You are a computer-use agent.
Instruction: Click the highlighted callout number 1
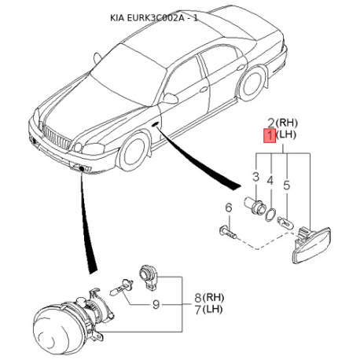click(270, 136)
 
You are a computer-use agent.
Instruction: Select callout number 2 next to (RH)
click(271, 123)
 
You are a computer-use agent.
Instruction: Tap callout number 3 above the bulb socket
click(255, 177)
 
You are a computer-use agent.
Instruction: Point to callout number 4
click(270, 181)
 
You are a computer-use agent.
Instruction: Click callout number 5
click(287, 186)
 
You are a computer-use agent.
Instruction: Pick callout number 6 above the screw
click(229, 208)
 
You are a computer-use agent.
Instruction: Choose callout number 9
click(156, 304)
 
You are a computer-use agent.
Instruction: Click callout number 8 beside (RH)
click(198, 298)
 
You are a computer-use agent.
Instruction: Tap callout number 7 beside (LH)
click(198, 310)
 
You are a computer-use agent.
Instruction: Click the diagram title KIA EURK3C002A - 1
click(154, 18)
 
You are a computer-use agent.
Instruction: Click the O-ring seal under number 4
click(270, 215)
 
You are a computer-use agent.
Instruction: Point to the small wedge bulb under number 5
click(286, 222)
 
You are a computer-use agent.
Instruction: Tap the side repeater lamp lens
click(312, 245)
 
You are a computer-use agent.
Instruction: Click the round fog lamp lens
click(57, 331)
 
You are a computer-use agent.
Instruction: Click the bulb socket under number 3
click(253, 205)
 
